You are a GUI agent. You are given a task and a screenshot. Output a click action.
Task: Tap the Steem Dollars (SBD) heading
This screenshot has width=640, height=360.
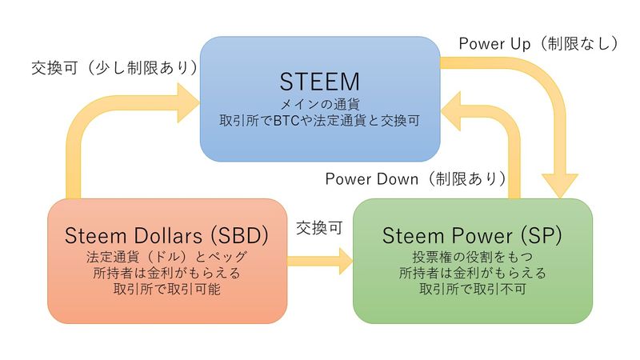pos(166,236)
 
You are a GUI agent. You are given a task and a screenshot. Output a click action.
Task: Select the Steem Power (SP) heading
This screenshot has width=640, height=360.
pos(472,236)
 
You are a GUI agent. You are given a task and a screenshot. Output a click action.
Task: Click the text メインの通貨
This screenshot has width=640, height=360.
pos(319,104)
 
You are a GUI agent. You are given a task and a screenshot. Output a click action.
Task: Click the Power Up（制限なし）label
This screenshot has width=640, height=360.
pos(538,43)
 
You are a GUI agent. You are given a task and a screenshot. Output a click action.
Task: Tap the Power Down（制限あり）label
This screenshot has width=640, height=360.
pos(415,178)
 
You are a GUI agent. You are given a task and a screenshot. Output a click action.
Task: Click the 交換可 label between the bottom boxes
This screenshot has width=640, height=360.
pos(319,227)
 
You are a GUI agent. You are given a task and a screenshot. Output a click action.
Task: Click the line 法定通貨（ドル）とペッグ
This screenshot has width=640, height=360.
pos(166,258)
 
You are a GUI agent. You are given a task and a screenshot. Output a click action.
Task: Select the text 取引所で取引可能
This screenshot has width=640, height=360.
pos(166,290)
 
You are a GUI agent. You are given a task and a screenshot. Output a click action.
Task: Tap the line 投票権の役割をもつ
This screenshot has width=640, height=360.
pos(472,258)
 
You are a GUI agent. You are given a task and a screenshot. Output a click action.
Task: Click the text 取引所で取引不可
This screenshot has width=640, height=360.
pos(472,290)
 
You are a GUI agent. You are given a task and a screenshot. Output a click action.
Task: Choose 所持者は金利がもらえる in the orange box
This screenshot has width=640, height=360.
pos(166,274)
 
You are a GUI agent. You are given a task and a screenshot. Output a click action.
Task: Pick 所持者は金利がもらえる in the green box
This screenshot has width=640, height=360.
pos(472,274)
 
